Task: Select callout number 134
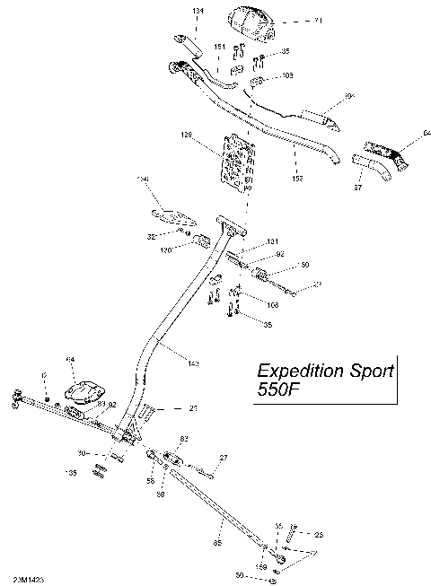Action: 198,10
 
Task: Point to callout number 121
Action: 273,241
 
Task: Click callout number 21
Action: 193,408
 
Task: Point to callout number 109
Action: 287,77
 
